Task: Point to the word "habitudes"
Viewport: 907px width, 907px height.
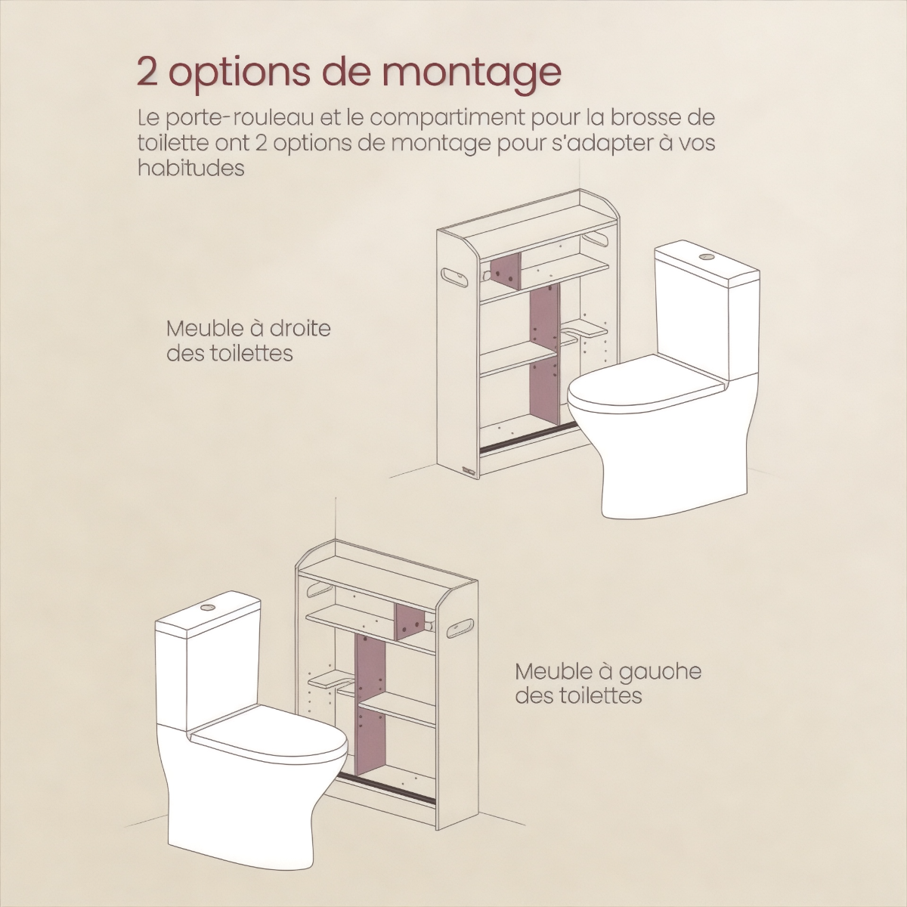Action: pos(191,169)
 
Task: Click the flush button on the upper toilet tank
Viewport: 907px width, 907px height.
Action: pos(705,256)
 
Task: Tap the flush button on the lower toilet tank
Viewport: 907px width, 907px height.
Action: pos(206,607)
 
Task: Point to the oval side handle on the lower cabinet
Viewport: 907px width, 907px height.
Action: pos(463,628)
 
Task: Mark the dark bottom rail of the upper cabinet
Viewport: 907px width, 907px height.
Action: pos(527,438)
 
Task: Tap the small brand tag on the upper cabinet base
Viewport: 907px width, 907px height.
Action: pos(469,470)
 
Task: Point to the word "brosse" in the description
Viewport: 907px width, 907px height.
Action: pos(646,118)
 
